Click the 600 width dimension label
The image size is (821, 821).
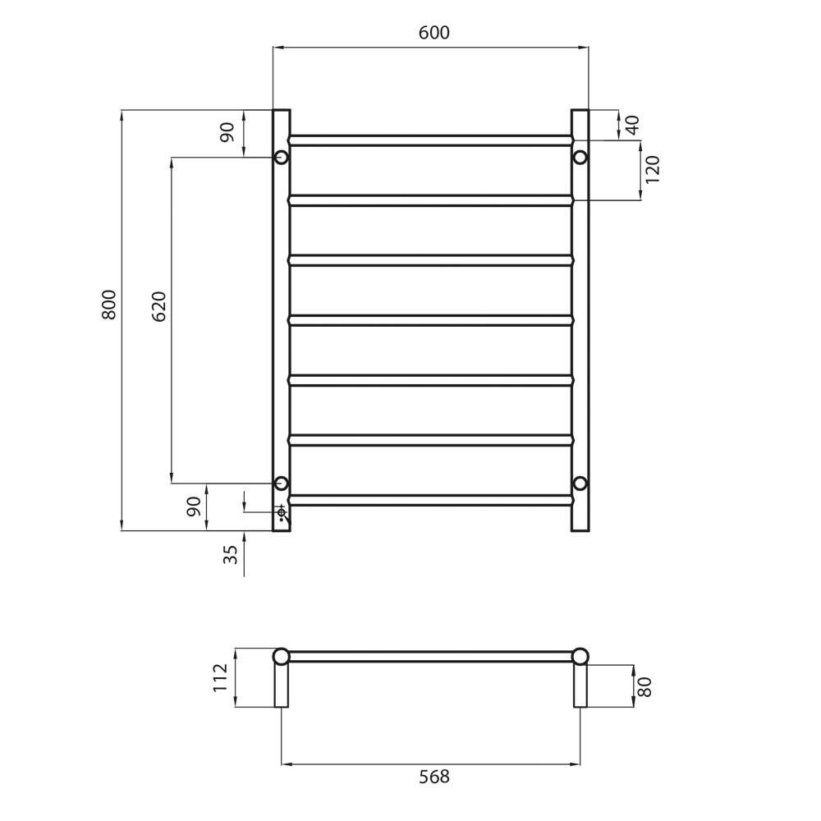pyautogui.click(x=433, y=33)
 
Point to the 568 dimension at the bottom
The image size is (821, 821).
pyautogui.click(x=433, y=777)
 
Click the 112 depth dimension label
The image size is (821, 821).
pyautogui.click(x=221, y=677)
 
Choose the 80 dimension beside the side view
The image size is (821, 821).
pyautogui.click(x=645, y=686)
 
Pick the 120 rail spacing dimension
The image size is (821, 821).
pyautogui.click(x=653, y=169)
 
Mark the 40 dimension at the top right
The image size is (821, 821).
pyautogui.click(x=632, y=125)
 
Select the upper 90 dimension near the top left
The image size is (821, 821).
pyautogui.click(x=227, y=131)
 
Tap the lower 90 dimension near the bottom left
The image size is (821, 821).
pyautogui.click(x=195, y=507)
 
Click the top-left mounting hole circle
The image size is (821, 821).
pyautogui.click(x=281, y=157)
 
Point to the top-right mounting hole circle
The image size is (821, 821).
pyautogui.click(x=580, y=157)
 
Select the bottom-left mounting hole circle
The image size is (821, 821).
pyautogui.click(x=281, y=483)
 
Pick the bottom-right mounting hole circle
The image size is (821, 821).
pyautogui.click(x=580, y=483)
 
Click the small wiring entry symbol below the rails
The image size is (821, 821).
pyautogui.click(x=282, y=513)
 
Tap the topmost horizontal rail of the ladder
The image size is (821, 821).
pyautogui.click(x=430, y=140)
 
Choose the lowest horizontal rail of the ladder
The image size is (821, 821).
pyautogui.click(x=430, y=499)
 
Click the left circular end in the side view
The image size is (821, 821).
pyautogui.click(x=281, y=656)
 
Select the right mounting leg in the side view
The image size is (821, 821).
pyautogui.click(x=580, y=686)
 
